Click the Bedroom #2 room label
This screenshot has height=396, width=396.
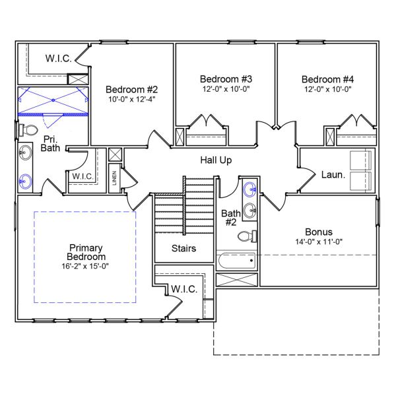point(132,89)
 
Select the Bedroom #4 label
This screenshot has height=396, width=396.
point(328,76)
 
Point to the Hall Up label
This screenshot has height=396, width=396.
point(216,160)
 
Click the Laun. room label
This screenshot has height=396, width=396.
point(333,176)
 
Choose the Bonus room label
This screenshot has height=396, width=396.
point(319,232)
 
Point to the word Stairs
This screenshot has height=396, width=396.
point(184,249)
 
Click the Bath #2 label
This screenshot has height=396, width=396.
point(231,217)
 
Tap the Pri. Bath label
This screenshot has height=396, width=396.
point(50,144)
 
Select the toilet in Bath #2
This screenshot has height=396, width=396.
point(247,236)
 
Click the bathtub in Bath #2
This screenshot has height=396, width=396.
point(236,261)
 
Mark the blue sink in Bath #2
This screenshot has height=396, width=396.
point(250,191)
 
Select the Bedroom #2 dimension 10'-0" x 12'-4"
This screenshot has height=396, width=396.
point(132,99)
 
